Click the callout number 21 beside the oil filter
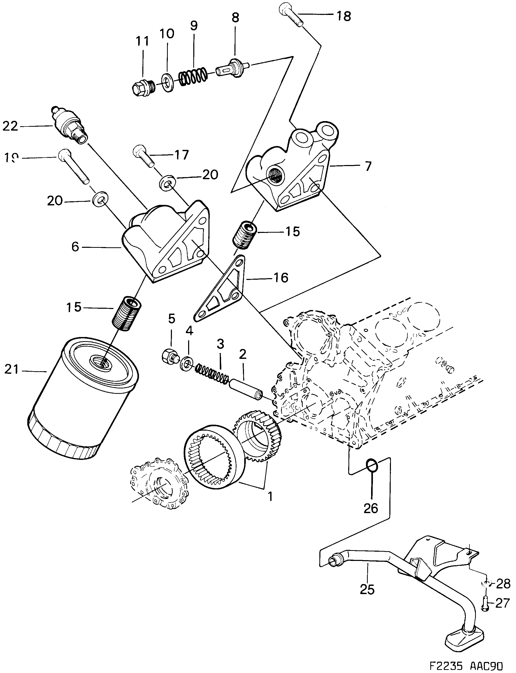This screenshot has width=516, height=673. coord(12,369)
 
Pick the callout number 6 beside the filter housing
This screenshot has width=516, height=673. coord(75,246)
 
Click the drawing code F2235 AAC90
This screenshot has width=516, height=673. coord(465,665)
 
